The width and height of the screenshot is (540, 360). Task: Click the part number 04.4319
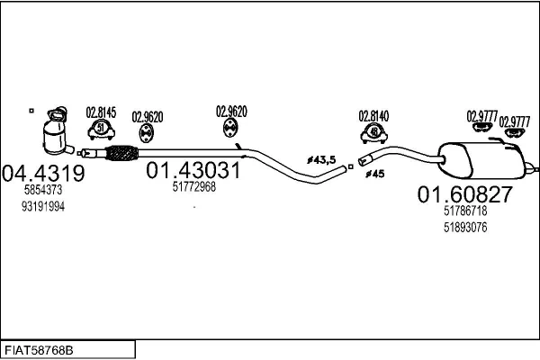tap(43, 173)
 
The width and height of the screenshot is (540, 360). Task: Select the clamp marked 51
tap(101, 130)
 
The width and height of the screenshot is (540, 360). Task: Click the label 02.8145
tap(101, 112)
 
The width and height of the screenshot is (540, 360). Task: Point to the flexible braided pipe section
tap(121, 153)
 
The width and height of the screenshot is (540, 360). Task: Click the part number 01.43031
tap(193, 170)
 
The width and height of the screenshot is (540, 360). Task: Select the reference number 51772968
tap(194, 187)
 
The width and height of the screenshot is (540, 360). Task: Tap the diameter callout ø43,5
tap(321, 160)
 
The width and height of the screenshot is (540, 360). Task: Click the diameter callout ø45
tap(375, 174)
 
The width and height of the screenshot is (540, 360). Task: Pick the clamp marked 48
tap(374, 133)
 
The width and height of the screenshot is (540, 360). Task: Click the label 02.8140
tap(374, 116)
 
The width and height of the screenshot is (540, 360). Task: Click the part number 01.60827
tap(465, 194)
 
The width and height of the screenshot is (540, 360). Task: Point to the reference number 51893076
tap(465, 228)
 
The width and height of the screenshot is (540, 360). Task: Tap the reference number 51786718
tap(465, 211)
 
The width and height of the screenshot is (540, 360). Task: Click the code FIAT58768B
tap(39, 351)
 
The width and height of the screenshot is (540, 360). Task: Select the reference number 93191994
tap(43, 207)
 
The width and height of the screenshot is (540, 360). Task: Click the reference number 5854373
tap(43, 190)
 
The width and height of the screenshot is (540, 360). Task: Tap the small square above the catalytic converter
tap(31, 111)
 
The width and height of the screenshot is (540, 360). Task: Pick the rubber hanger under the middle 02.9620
tap(230, 128)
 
